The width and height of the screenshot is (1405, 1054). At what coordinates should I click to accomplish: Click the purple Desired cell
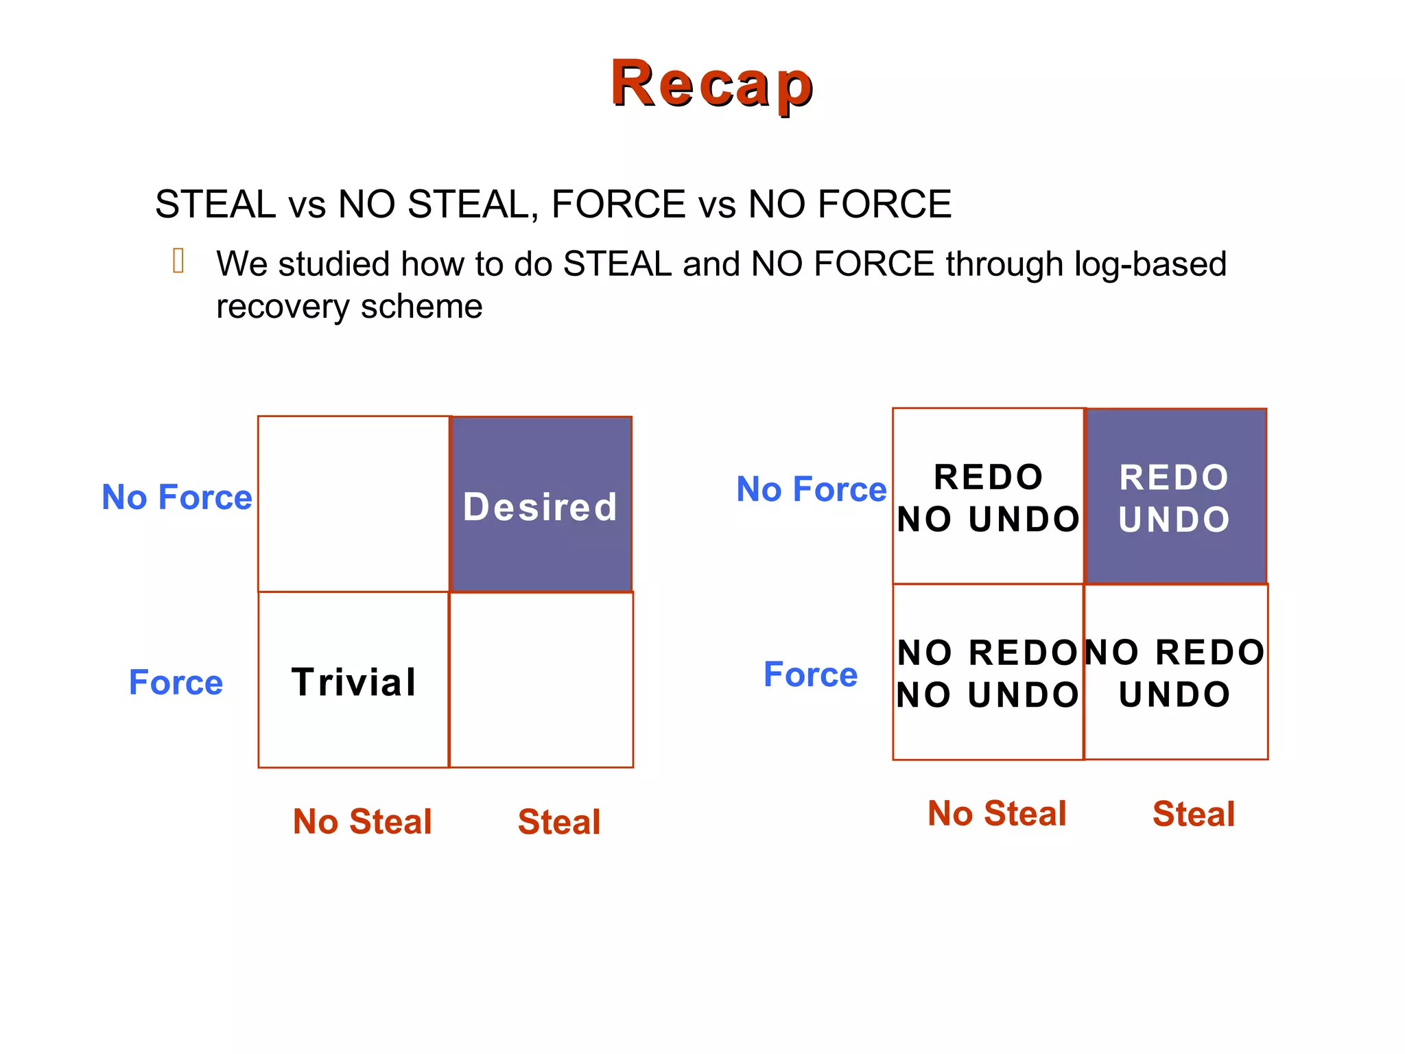coord(541,504)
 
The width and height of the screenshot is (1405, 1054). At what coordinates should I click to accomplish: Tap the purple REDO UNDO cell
coord(1175,497)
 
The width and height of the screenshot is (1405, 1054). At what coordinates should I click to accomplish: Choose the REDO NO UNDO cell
coord(988,497)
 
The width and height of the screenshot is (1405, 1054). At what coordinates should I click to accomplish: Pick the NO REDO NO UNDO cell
coord(988,672)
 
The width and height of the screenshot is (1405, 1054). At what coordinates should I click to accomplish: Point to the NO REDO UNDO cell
coord(1175,672)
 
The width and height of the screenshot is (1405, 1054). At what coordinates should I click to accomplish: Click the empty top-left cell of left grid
coord(354,504)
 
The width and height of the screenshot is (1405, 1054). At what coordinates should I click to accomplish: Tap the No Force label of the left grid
coord(176,497)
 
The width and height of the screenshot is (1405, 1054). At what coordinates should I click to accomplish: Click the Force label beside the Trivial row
coord(176,683)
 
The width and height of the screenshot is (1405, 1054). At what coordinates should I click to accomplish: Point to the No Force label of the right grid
coord(812,489)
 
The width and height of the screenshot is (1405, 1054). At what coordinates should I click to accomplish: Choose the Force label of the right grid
coord(810,675)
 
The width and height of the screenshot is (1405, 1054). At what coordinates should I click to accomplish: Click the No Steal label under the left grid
coord(362,821)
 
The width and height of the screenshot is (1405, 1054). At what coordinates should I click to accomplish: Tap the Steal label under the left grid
coord(559,821)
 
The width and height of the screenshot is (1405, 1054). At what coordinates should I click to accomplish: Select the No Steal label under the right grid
coord(997,814)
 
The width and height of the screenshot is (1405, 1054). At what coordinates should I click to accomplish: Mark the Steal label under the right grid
coord(1194,814)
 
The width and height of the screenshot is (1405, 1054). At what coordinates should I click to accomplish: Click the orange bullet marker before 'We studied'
coord(178,261)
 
